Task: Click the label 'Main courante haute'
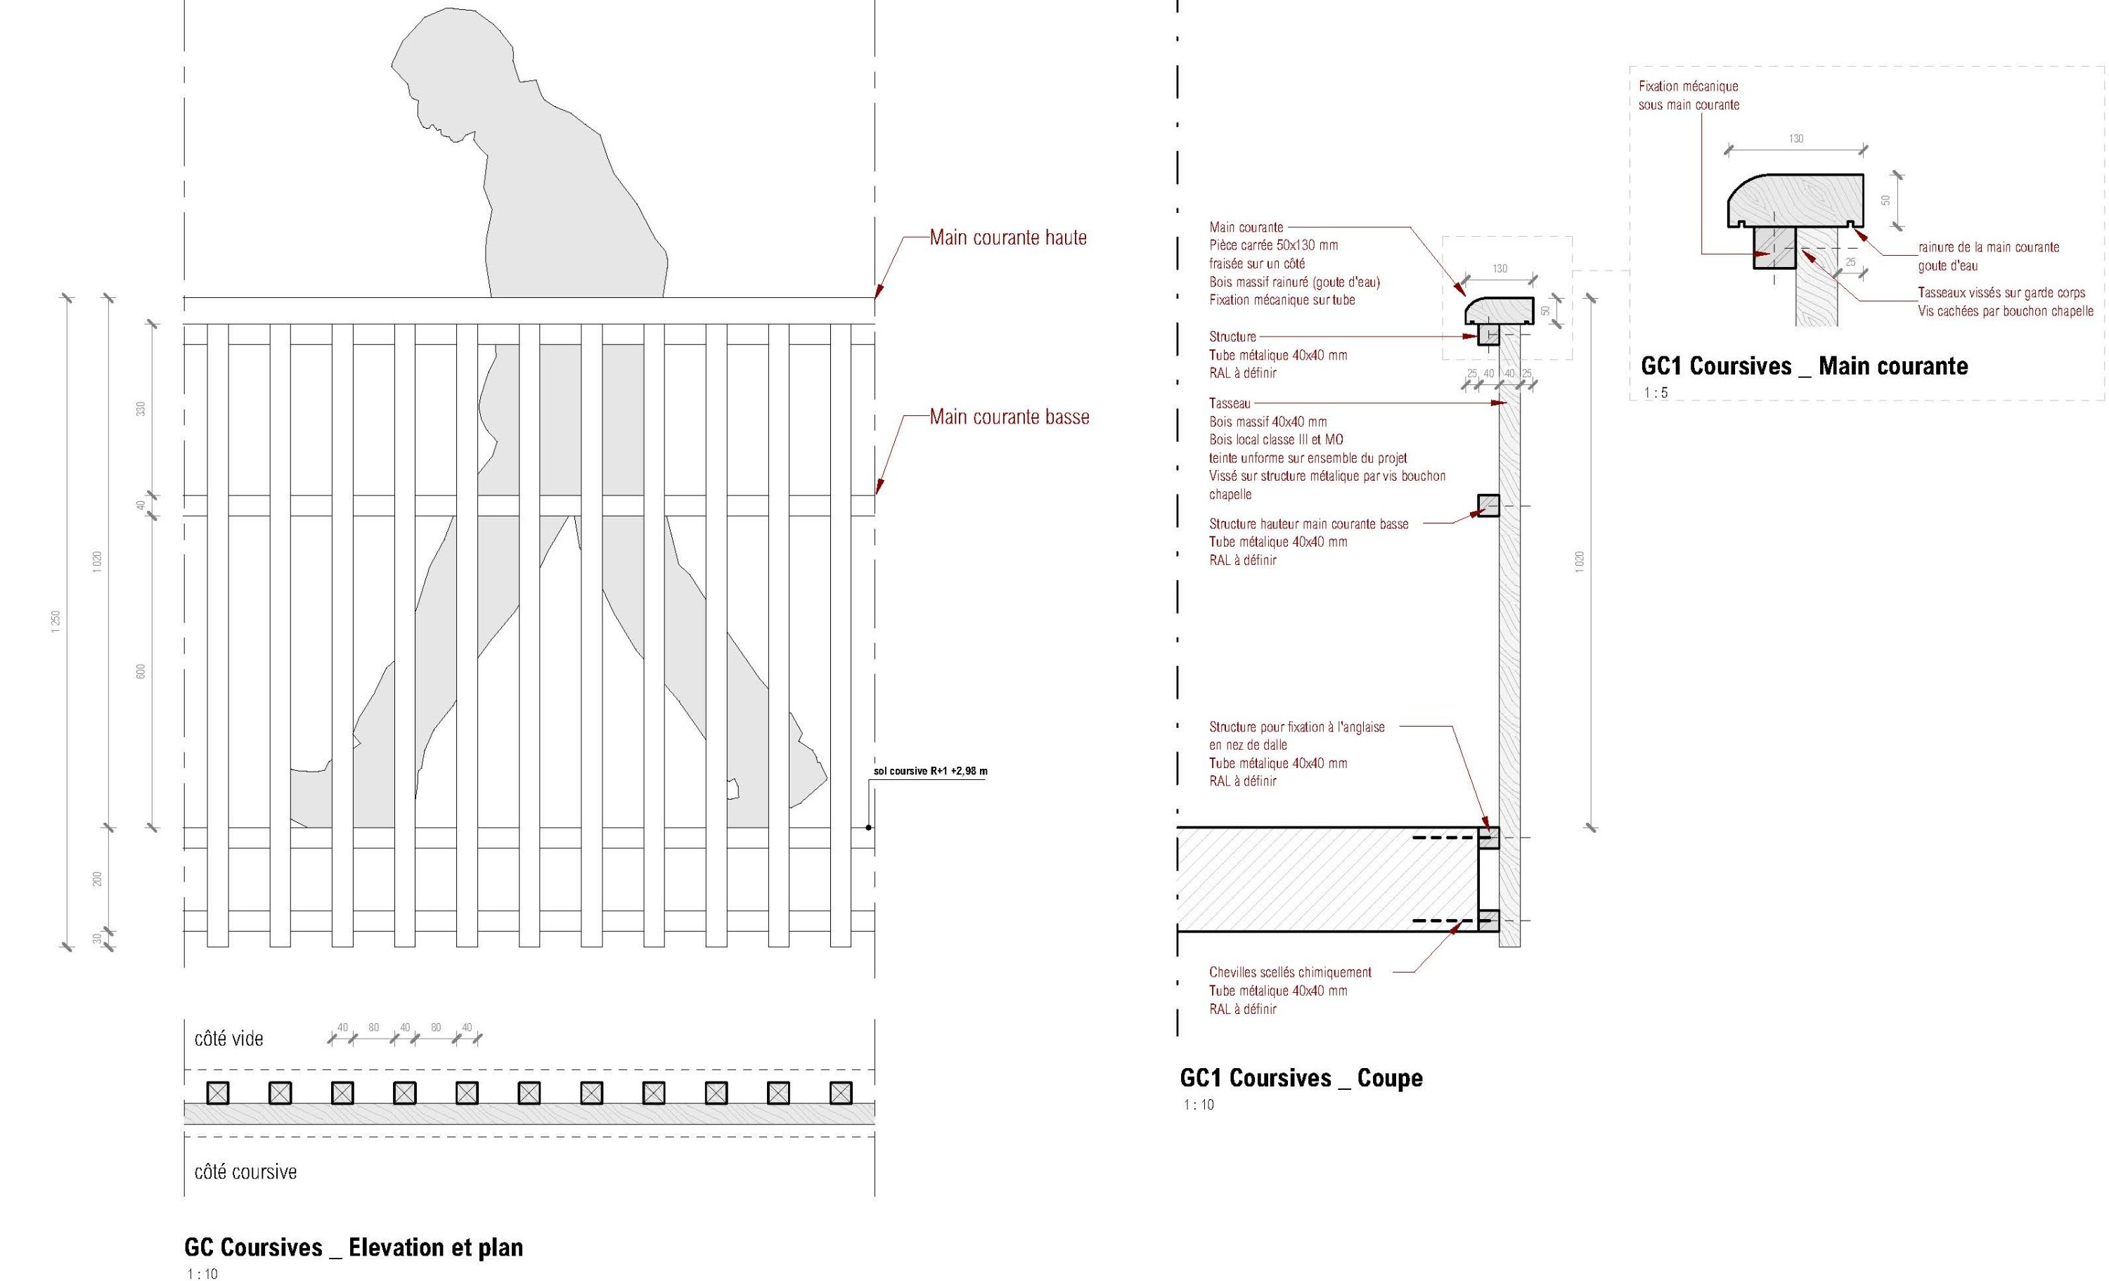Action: pos(1008,238)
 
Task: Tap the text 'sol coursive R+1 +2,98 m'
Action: pos(930,771)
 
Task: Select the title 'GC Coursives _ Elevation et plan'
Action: pos(354,1248)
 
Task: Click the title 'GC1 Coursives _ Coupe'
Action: pos(1301,1078)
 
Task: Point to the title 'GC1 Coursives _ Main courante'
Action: pos(1805,366)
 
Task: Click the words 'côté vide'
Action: pos(228,1039)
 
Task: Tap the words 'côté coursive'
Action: pos(245,1172)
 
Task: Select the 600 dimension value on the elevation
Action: pos(141,672)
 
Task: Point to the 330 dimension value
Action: pos(141,409)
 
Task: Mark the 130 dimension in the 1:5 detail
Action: pos(1795,138)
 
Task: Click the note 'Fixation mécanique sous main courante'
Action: pos(1689,96)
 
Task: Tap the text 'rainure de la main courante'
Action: pos(1988,247)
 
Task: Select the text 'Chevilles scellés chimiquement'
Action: pos(1290,972)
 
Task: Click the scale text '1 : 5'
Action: pos(1656,394)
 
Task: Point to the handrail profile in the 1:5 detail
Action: pos(1795,202)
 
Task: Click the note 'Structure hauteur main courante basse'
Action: pos(1309,524)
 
